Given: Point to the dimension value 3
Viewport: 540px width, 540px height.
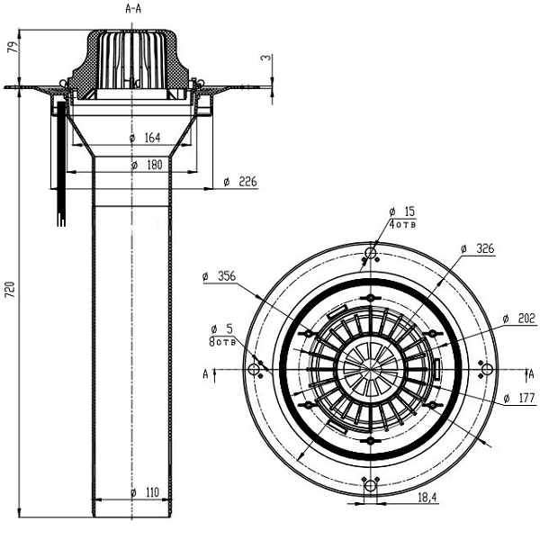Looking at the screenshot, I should tap(265, 58).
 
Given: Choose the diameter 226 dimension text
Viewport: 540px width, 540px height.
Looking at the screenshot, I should tap(241, 183).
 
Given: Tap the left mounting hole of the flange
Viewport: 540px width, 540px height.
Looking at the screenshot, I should tap(257, 371).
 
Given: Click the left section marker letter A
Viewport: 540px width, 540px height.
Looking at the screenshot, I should tap(206, 372).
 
